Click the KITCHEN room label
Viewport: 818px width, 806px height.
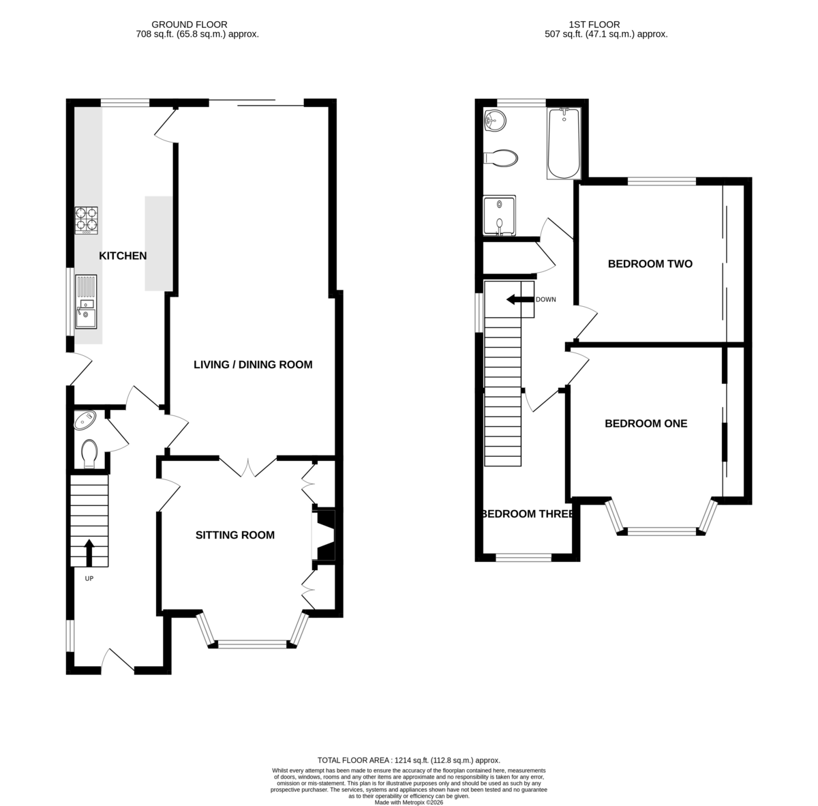[x=123, y=256]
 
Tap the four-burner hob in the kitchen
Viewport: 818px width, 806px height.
[x=87, y=220]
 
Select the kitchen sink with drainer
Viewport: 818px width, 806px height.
[x=86, y=301]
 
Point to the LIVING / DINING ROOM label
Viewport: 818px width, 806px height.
[x=253, y=364]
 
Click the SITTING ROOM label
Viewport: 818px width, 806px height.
[x=234, y=535]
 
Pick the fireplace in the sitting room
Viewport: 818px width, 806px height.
[x=324, y=535]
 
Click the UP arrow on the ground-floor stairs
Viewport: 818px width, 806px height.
[x=89, y=553]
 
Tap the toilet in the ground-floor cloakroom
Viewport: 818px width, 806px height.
[x=89, y=453]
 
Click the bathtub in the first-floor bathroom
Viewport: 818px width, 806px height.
[x=564, y=143]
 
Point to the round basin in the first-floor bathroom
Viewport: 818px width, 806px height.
[x=494, y=120]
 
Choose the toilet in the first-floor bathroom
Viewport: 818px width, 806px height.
[x=501, y=158]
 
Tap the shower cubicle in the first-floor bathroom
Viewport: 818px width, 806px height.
[x=500, y=215]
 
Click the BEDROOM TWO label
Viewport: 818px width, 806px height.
[x=650, y=264]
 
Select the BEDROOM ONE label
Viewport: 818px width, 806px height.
[x=646, y=423]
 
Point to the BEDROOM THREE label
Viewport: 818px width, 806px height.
[x=528, y=514]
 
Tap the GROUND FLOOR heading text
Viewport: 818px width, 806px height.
[x=190, y=25]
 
